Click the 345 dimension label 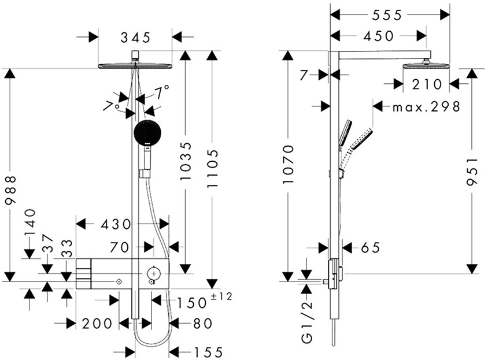(x=135, y=38)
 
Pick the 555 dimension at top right (x=389, y=14)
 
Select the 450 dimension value (x=380, y=36)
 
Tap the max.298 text (x=426, y=107)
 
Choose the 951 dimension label (x=473, y=171)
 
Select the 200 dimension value (x=98, y=324)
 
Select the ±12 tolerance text (x=221, y=297)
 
